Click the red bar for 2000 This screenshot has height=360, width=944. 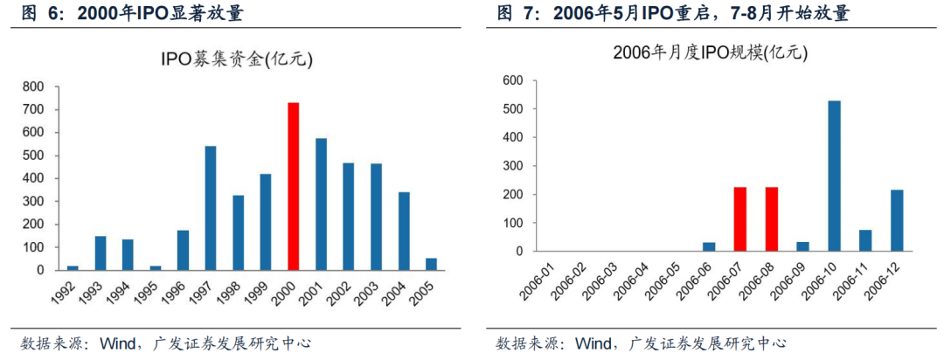click(x=294, y=186)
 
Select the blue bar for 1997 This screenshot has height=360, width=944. click(x=211, y=208)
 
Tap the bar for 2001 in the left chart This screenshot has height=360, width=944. click(x=321, y=204)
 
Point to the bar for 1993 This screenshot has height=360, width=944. click(x=101, y=253)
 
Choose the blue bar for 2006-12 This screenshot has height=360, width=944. click(x=898, y=220)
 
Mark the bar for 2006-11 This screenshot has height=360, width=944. click(x=866, y=240)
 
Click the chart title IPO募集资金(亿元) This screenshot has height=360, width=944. click(x=236, y=59)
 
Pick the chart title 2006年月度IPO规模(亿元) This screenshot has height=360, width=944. click(x=710, y=52)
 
